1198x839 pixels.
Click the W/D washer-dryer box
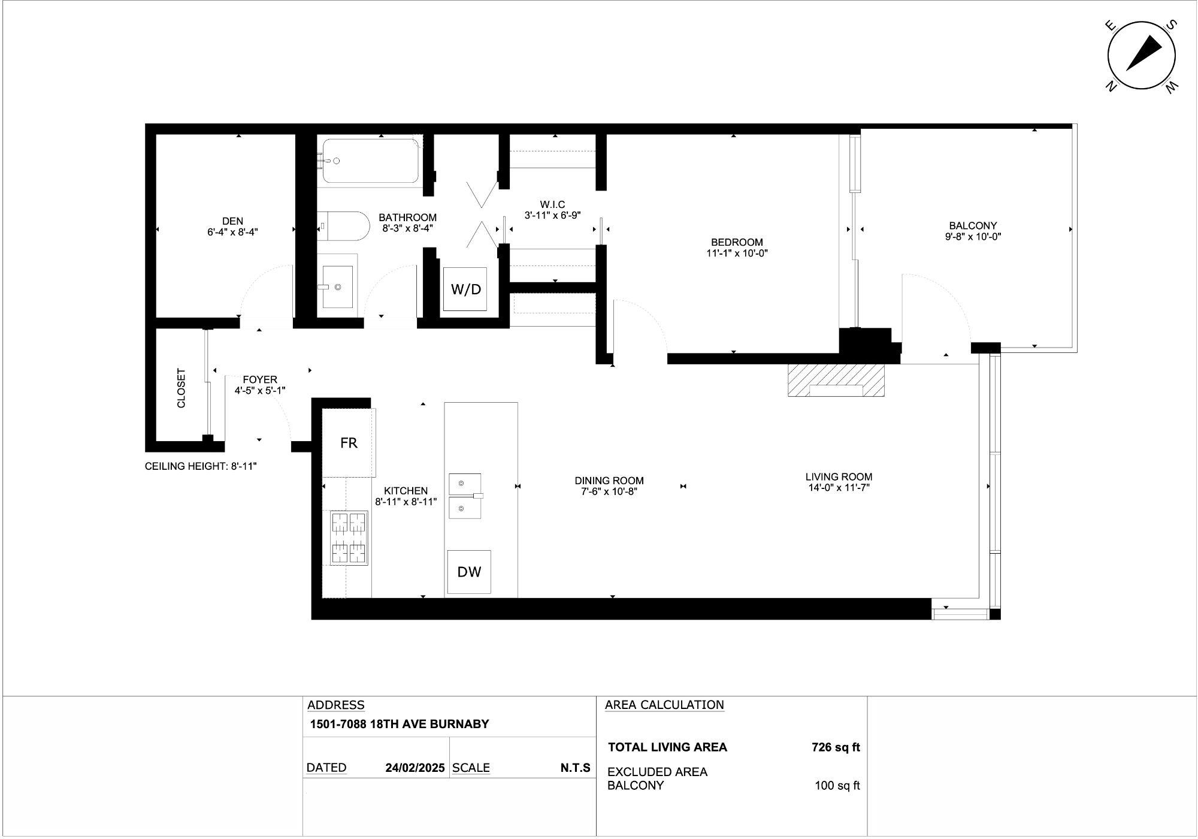[x=465, y=289]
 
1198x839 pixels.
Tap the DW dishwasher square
[x=469, y=572]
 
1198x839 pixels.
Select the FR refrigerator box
[x=349, y=443]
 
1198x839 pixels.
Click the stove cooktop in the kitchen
[x=349, y=538]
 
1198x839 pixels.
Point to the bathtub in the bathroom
[x=371, y=161]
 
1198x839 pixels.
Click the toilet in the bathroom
[x=341, y=226]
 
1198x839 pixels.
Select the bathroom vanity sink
[x=337, y=286]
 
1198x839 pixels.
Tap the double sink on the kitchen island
[x=465, y=496]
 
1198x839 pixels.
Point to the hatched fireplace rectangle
[x=836, y=381]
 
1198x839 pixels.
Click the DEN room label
[x=233, y=221]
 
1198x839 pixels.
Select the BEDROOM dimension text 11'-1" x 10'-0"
[x=737, y=253]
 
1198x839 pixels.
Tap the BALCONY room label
[x=973, y=226]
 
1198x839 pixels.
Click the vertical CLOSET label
[x=181, y=388]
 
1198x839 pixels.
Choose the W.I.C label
[x=552, y=205]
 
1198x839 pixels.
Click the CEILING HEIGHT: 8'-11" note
[x=201, y=466]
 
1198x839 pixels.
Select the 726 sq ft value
[x=836, y=747]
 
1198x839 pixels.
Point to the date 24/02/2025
[x=415, y=768]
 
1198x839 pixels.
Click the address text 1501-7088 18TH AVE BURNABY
[x=399, y=724]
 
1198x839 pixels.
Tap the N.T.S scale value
[x=576, y=768]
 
